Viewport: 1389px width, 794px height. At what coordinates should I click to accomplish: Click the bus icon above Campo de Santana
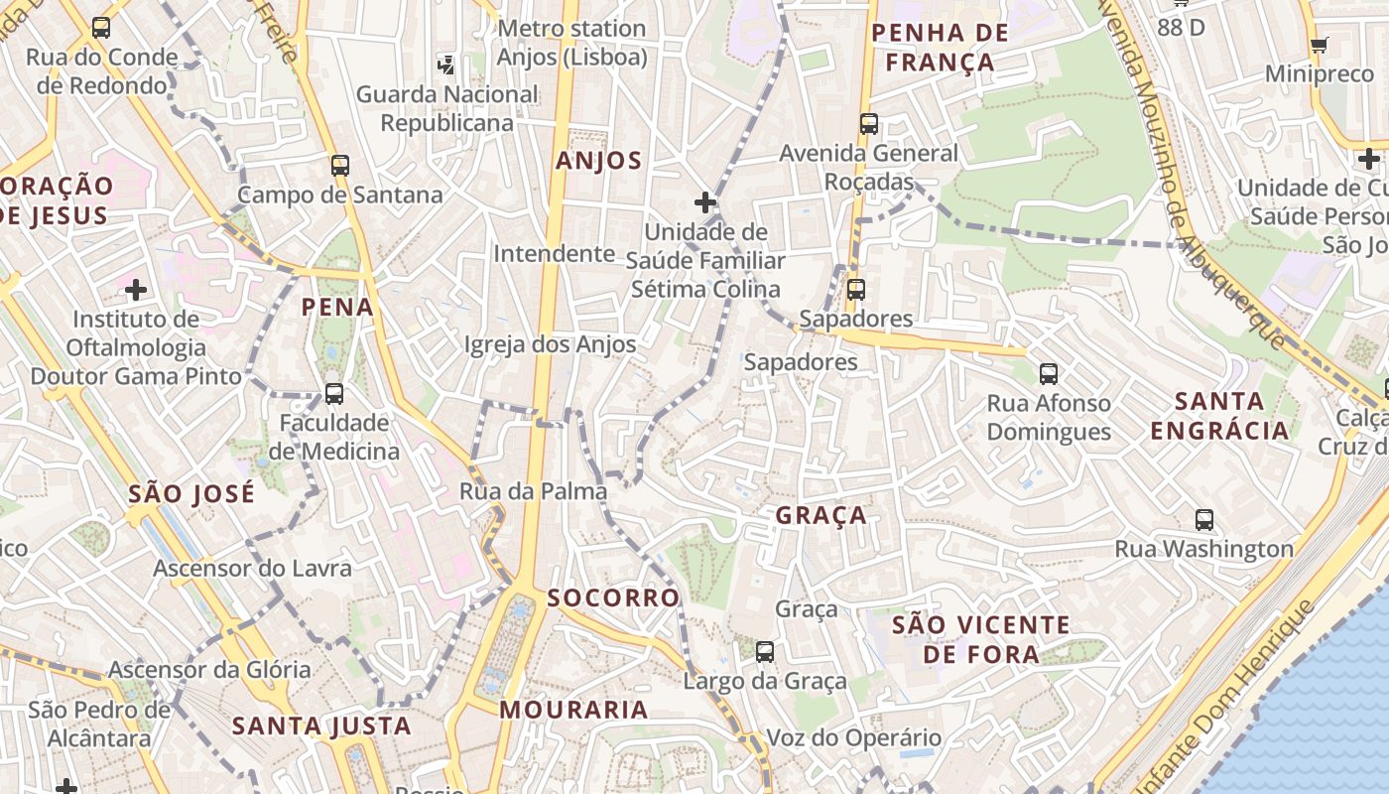click(340, 165)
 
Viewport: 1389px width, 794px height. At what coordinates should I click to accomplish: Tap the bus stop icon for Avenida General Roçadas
click(869, 124)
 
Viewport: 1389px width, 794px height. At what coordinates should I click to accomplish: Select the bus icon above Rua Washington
click(1204, 519)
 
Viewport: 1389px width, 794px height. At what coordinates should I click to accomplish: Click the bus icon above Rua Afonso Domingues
click(1049, 374)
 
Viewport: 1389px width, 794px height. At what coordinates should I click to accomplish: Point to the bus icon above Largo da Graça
click(764, 652)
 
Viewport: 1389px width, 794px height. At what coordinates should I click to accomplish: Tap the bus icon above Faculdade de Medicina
click(333, 394)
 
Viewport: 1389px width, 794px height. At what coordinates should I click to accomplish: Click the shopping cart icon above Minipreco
click(1319, 45)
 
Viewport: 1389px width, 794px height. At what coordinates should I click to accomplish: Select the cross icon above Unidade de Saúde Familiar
click(705, 202)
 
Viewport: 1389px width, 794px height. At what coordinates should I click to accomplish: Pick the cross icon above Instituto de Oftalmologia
click(136, 290)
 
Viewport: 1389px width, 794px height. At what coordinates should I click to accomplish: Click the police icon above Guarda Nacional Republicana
click(446, 66)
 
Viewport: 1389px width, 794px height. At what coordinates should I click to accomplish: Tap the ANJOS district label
click(599, 161)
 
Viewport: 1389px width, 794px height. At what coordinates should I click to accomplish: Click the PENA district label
click(338, 307)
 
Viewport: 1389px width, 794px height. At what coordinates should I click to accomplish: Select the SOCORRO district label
click(613, 597)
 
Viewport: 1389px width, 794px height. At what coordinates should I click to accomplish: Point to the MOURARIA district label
click(573, 710)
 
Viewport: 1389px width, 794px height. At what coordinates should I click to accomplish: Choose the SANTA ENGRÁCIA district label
click(1219, 416)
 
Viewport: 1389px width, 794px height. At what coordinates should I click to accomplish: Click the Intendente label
click(555, 253)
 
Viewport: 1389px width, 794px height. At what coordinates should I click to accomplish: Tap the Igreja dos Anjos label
click(551, 344)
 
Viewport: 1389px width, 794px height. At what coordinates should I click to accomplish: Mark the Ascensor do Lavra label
click(252, 569)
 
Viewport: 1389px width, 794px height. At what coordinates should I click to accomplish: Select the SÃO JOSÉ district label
click(191, 493)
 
